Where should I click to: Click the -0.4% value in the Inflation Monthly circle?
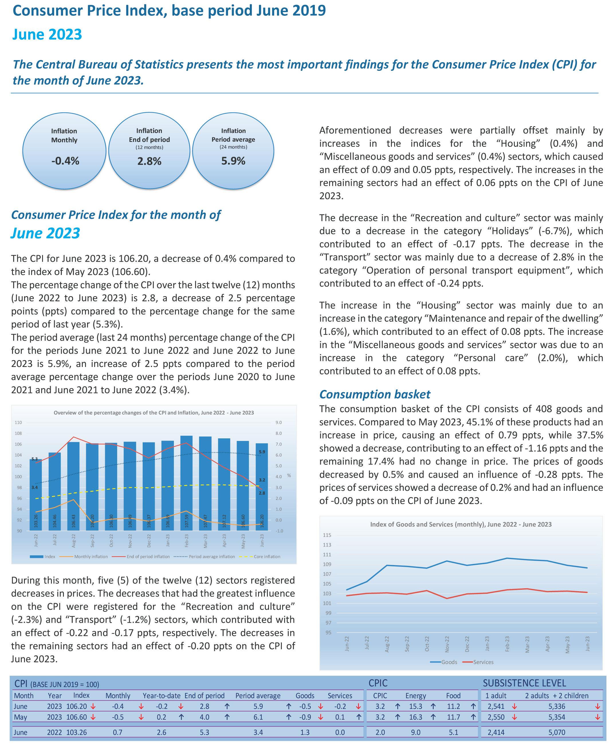pyautogui.click(x=65, y=161)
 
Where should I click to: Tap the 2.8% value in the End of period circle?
pyautogui.click(x=149, y=161)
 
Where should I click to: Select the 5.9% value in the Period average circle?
pyautogui.click(x=233, y=161)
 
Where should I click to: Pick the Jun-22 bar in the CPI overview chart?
pyautogui.click(x=36, y=495)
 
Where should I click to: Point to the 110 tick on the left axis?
pyautogui.click(x=18, y=423)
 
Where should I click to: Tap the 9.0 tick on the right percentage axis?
pyautogui.click(x=279, y=423)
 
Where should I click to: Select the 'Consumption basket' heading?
pyautogui.click(x=375, y=394)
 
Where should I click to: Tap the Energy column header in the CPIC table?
pyautogui.click(x=416, y=696)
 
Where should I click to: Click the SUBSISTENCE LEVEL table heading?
pyautogui.click(x=524, y=683)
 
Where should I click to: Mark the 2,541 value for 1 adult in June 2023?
pyautogui.click(x=496, y=706)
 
